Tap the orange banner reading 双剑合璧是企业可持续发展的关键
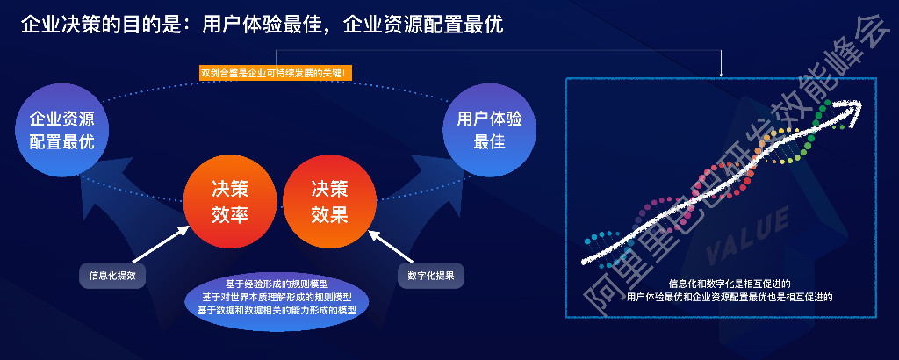point(276,72)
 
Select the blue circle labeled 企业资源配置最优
point(62,130)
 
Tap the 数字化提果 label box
point(430,275)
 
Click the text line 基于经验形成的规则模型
point(277,284)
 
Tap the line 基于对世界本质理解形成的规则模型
point(277,297)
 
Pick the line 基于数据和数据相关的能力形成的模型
point(277,310)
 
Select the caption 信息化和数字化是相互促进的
point(730,284)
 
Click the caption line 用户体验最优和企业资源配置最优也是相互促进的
point(730,298)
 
